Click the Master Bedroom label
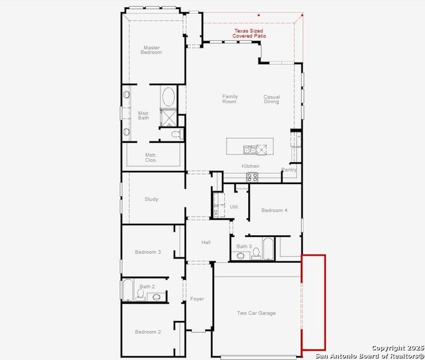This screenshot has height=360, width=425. coord(151,50)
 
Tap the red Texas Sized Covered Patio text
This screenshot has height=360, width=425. coord(249,34)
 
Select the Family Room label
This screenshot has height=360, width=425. coord(230,99)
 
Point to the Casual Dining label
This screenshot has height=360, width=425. coord(272,99)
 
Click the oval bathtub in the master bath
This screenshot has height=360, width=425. coord(168,97)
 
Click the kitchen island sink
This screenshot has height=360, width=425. coord(249,149)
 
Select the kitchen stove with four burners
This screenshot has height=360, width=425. coord(252,177)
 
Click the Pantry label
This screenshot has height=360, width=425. coord(289,170)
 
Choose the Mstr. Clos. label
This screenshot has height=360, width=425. coord(150,157)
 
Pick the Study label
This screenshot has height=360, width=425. coord(151,199)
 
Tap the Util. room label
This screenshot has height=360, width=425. coord(234,206)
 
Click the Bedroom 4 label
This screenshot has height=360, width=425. coord(274,210)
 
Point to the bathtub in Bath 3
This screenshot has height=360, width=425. coord(267,249)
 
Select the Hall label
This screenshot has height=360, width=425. coord(206,242)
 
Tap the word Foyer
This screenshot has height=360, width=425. coord(197,299)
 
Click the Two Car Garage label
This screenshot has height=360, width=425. coord(256,313)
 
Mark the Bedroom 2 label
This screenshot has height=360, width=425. coord(147,332)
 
